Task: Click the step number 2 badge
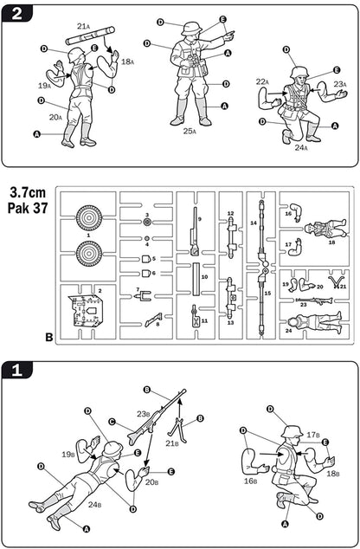click(x=16, y=14)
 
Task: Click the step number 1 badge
click(x=16, y=370)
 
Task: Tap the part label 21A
click(x=83, y=26)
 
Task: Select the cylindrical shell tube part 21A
click(x=90, y=36)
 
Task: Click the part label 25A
click(x=190, y=131)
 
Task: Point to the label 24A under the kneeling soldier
click(x=300, y=147)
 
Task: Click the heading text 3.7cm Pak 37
click(x=28, y=200)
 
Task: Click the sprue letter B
click(x=49, y=337)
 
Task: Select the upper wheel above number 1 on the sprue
click(x=89, y=217)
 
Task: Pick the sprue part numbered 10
click(x=196, y=279)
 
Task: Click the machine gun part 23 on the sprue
click(x=314, y=300)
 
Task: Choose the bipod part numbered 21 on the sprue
click(x=335, y=281)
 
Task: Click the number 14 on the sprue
click(x=254, y=223)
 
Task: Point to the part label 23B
click(x=143, y=414)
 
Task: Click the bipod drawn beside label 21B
click(x=178, y=430)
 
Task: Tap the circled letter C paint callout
click(x=112, y=422)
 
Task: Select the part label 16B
click(x=250, y=481)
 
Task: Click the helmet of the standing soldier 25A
click(x=190, y=28)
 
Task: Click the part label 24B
click(x=95, y=505)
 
